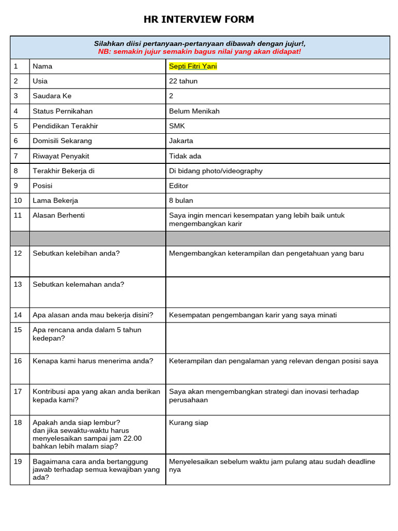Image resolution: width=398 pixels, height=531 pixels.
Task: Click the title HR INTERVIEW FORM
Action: tap(199, 20)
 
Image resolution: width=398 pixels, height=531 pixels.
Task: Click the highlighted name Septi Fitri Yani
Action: tap(193, 66)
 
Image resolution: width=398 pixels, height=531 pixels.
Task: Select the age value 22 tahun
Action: tap(183, 81)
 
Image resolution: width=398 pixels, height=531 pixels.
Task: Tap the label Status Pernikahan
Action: tap(63, 111)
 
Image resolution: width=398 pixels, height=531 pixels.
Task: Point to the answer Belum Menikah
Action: tap(194, 111)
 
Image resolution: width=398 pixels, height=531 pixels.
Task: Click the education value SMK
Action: tap(177, 126)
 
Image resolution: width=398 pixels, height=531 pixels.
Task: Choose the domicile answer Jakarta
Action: tap(181, 141)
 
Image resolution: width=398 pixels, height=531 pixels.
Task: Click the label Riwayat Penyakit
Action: tap(60, 156)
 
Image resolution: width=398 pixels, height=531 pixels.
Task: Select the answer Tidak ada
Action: tap(185, 156)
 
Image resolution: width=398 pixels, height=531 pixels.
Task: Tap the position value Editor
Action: tap(179, 186)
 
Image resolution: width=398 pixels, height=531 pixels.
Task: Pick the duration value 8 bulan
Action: tap(181, 201)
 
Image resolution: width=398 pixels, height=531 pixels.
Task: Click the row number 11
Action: tap(18, 216)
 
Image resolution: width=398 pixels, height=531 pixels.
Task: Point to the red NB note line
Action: tap(200, 52)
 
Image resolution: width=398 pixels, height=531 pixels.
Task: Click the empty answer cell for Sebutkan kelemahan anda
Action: tap(277, 292)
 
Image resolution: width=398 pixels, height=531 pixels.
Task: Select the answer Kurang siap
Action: tap(189, 423)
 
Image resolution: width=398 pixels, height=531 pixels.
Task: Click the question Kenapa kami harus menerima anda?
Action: tap(93, 361)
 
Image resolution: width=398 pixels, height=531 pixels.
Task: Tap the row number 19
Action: tap(18, 462)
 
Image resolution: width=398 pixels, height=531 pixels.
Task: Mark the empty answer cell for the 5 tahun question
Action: tap(277, 338)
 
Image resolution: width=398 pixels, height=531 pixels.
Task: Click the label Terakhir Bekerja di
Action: tap(63, 171)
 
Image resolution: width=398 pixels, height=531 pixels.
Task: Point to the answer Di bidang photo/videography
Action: tap(216, 171)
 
